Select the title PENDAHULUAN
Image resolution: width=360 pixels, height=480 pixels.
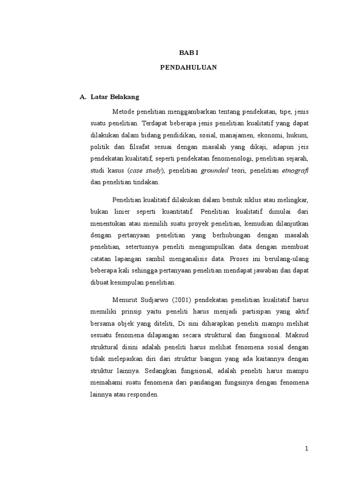coord(188,67)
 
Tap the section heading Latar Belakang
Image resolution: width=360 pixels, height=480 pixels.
coord(112,97)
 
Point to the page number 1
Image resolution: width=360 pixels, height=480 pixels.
coord(307,449)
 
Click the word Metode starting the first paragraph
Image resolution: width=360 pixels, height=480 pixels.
coord(123,112)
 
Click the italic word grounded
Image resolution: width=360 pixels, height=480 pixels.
coord(214,170)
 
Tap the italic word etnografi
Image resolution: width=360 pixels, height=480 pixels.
coord(295,170)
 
